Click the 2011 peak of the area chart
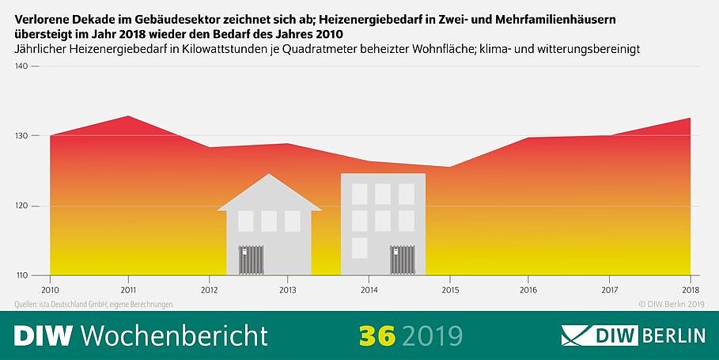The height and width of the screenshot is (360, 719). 128,116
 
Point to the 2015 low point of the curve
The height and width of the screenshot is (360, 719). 449,167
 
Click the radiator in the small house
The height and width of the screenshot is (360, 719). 251,260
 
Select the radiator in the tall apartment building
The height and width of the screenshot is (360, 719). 402,260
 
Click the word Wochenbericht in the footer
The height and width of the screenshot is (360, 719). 174,335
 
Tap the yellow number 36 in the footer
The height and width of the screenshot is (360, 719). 376,335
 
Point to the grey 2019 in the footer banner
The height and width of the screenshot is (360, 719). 432,335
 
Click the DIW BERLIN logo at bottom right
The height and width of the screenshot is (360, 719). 633,335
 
